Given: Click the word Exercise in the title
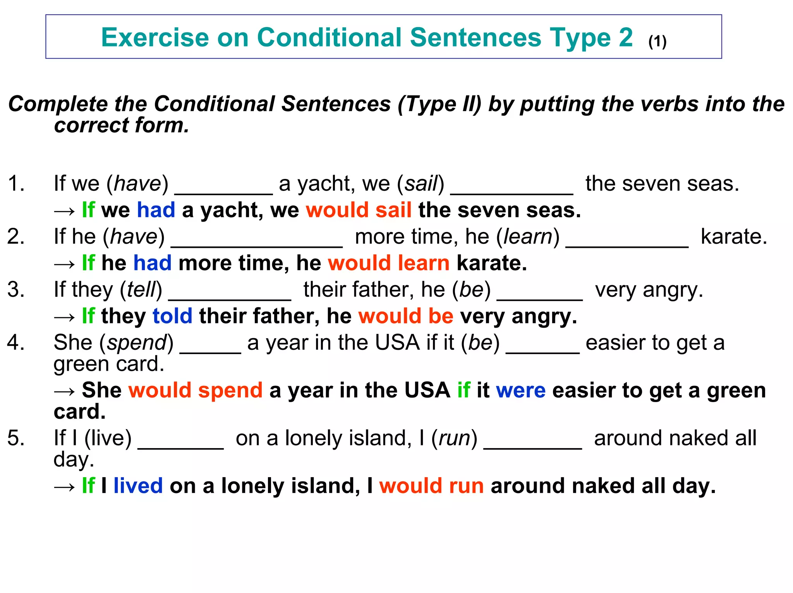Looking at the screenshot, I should coord(155,38).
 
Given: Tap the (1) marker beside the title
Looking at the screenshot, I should coord(657,41).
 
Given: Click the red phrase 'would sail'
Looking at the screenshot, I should coord(359,210).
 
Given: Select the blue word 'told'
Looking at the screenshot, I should coord(172,316).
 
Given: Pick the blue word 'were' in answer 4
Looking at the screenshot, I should coord(521,390).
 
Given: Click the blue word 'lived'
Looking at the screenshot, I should coord(138,486).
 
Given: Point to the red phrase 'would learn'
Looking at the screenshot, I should coord(389,263).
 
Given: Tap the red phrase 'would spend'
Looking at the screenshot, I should coord(196,390).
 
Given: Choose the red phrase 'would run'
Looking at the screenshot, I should coord(431,486).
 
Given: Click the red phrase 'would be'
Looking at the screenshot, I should coord(406,316).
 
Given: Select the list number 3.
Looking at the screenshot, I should coord(16,289).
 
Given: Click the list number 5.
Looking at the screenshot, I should coord(16,438).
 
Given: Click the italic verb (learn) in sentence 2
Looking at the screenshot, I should coord(528,237).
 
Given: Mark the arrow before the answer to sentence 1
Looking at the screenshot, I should coord(64,211).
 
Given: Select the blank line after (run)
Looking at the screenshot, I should coord(533,448).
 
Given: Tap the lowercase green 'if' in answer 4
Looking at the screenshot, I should coord(463,390).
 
